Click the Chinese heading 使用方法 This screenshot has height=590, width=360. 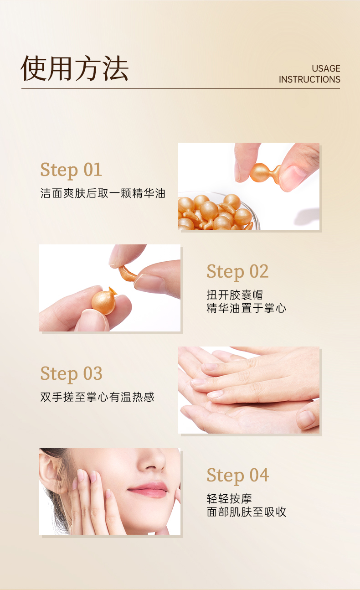click(74, 68)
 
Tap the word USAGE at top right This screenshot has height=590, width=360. click(326, 68)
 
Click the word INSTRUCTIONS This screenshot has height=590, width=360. click(309, 79)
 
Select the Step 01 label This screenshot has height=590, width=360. click(71, 170)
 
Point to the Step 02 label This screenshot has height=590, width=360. click(237, 272)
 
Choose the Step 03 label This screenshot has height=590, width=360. click(71, 374)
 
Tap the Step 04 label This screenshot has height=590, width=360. click(238, 476)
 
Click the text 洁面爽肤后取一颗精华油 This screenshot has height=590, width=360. click(103, 193)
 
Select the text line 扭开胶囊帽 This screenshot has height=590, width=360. click(235, 295)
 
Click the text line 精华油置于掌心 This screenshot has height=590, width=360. click(247, 308)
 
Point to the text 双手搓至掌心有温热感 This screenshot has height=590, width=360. click(97, 397)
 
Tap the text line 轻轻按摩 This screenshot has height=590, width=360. click(229, 499)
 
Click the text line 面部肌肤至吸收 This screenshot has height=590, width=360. click(247, 512)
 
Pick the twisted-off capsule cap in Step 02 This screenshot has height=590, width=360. click(127, 273)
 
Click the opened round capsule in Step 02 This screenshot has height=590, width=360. click(103, 301)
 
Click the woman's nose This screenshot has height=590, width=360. click(153, 460)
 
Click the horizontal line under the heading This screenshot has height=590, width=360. click(180, 89)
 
